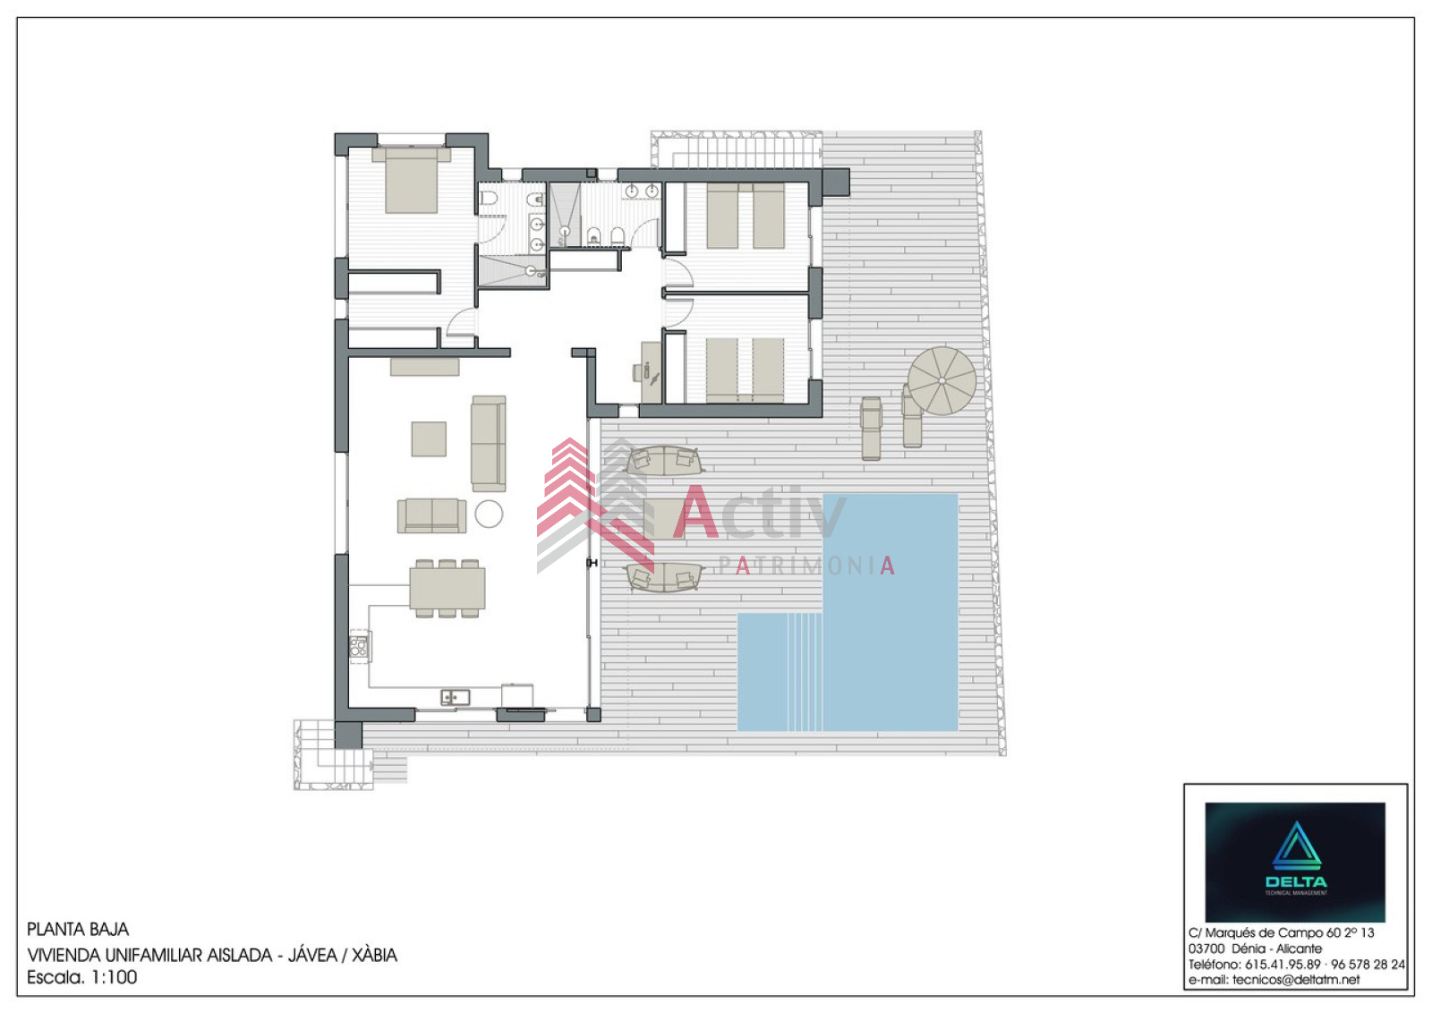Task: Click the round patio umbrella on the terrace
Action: point(942,381)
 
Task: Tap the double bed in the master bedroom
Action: point(411,180)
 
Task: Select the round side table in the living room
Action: point(489,514)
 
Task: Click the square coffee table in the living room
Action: point(429,438)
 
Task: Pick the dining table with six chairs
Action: point(447,588)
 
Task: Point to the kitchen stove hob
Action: point(359,647)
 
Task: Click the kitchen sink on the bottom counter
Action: point(456,697)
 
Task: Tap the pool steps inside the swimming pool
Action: point(805,672)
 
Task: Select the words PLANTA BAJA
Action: point(77,929)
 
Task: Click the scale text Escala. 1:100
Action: point(81,977)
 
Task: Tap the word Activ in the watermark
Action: point(760,512)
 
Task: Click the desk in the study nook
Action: point(652,373)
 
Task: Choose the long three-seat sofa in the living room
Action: point(489,444)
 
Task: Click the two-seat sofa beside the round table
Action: point(431,515)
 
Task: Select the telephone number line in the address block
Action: point(1297,964)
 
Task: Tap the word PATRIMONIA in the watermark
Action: point(806,566)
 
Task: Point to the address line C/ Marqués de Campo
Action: point(1281,932)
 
